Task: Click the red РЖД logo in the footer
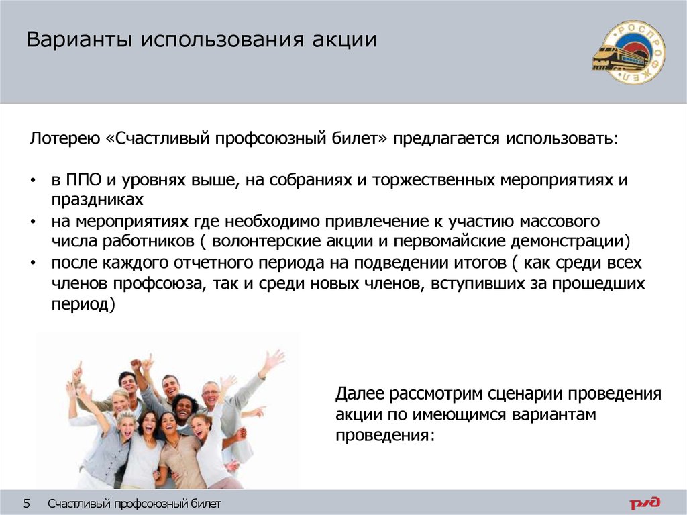pos(644,502)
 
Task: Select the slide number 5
pos(27,504)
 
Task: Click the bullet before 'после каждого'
pos(34,263)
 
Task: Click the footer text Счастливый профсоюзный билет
pos(134,504)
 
